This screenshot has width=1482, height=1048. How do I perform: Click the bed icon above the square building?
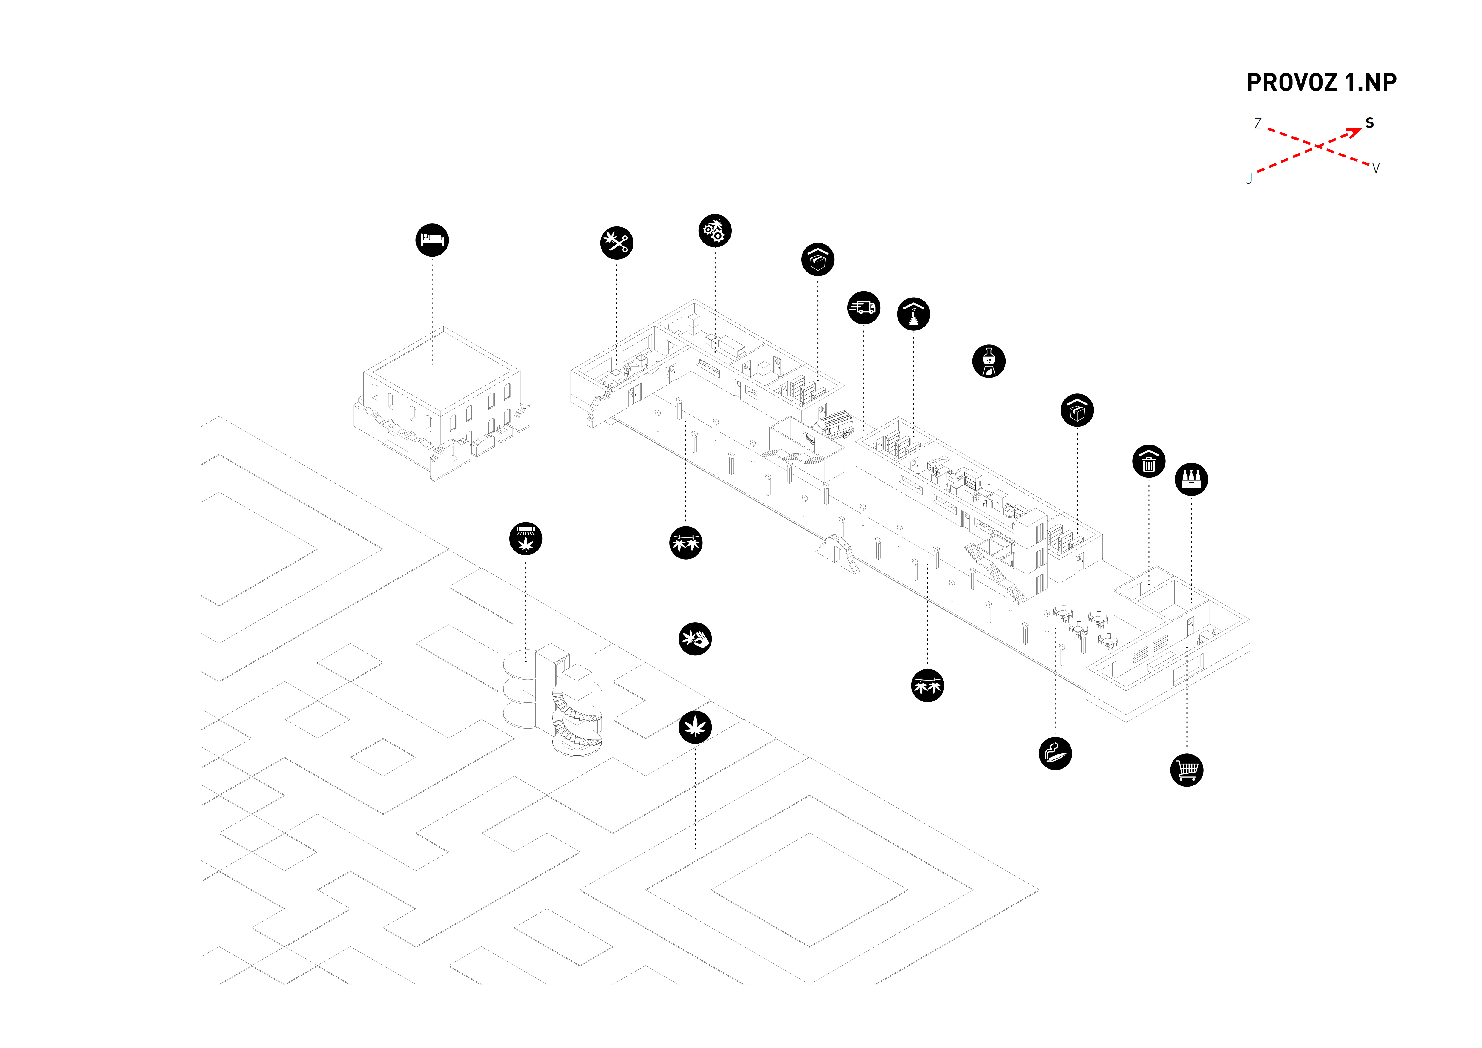point(432,240)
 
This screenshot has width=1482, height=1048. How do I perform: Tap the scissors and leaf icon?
point(616,243)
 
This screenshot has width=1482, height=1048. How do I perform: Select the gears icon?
point(714,231)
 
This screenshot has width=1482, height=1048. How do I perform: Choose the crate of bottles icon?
point(1191,479)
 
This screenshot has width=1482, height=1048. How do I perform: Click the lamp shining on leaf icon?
point(525,539)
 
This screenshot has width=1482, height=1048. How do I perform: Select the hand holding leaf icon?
point(695,639)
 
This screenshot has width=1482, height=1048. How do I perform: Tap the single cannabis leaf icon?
point(695,727)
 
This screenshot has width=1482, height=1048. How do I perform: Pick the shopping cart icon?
point(1186,769)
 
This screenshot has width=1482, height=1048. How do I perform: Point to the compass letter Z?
point(1257,123)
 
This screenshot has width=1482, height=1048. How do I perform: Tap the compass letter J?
point(1249,179)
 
